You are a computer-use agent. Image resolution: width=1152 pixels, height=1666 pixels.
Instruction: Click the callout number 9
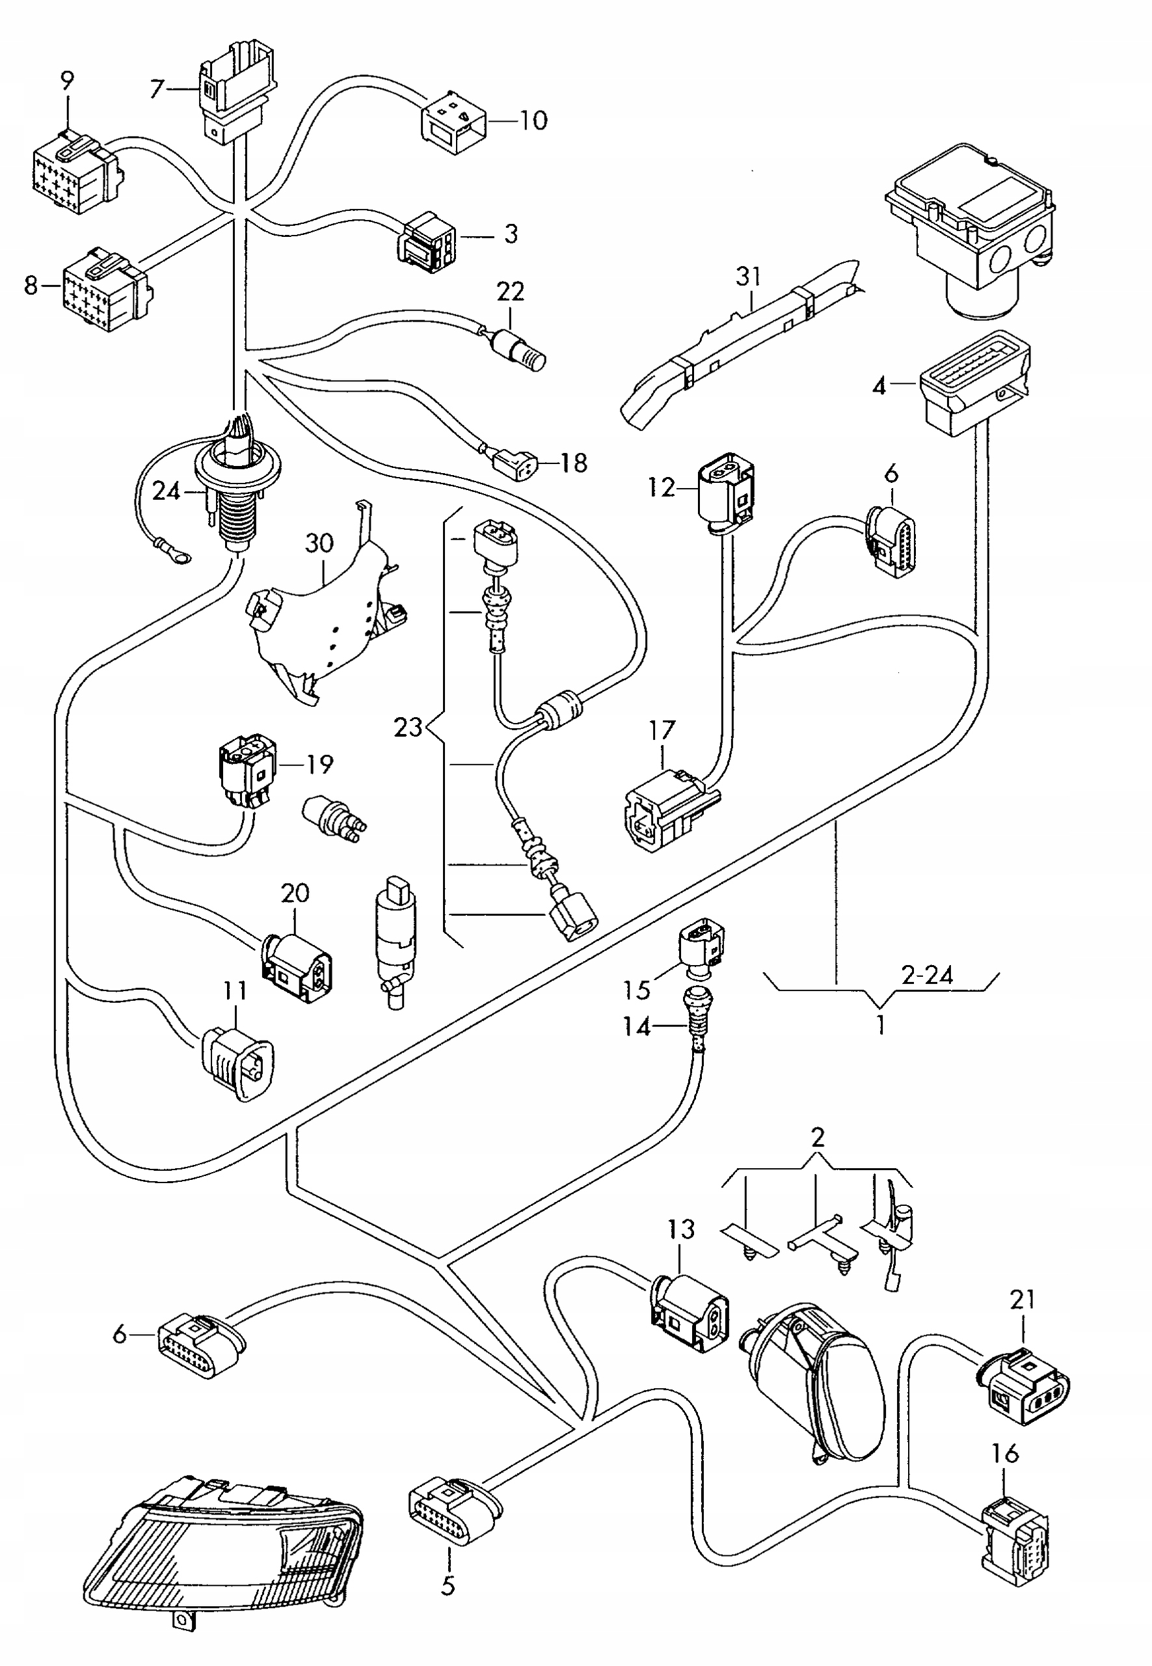67,81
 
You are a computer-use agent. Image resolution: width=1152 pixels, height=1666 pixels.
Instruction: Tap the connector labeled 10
453,122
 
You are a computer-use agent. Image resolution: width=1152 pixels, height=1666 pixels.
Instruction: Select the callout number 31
749,276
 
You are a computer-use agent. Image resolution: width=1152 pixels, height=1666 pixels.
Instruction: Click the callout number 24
166,492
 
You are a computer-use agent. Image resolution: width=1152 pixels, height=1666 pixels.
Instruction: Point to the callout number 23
408,726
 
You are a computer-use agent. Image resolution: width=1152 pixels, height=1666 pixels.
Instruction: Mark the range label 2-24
927,975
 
